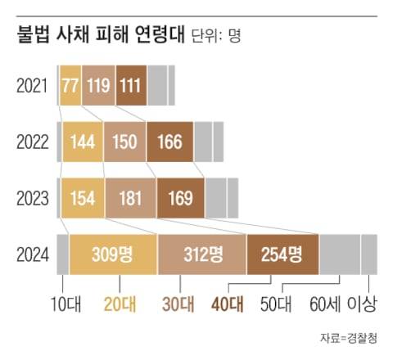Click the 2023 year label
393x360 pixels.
coord(32,197)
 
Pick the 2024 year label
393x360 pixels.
coord(32,253)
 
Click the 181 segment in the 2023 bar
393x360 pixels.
coord(130,197)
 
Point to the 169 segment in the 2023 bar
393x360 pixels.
coord(180,197)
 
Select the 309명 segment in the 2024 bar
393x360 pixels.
coord(113,254)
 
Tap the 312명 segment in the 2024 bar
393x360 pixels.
coord(201,254)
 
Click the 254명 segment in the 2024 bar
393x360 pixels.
coord(282,254)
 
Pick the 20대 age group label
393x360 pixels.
coord(119,304)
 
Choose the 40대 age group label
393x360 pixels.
coord(226,304)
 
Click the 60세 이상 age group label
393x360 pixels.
coord(343,304)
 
